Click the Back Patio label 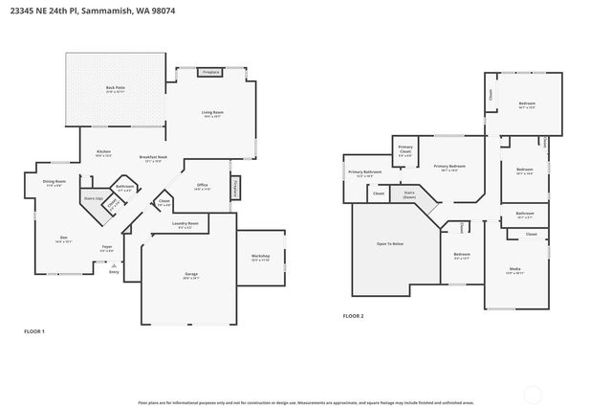(116, 89)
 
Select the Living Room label (212, 114)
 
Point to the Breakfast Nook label (153, 158)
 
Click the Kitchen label (103, 153)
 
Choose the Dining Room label (55, 182)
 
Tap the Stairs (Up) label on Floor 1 (93, 198)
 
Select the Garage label (191, 275)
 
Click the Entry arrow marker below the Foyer (114, 265)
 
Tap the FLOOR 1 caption (34, 330)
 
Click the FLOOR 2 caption (353, 315)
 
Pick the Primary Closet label (405, 151)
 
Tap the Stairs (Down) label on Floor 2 (408, 193)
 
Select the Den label (64, 239)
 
